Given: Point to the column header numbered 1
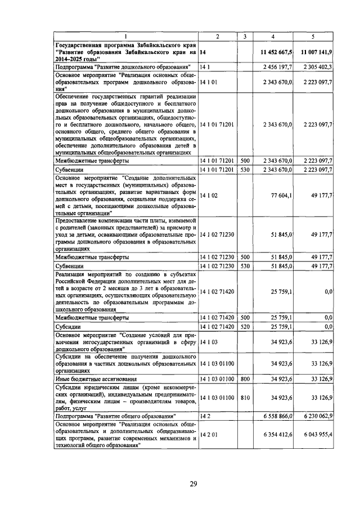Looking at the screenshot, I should pyautogui.click(x=125, y=37).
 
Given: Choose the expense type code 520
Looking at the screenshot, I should pyautogui.click(x=245, y=326).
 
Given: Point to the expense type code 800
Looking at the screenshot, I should pyautogui.click(x=245, y=380).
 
